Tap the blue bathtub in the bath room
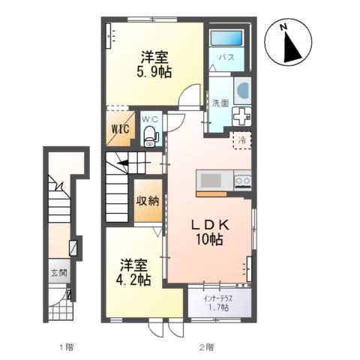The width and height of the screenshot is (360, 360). click(226, 38)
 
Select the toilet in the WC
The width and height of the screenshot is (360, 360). click(150, 136)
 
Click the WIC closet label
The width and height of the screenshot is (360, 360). click(121, 129)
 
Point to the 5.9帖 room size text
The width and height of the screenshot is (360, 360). click(154, 73)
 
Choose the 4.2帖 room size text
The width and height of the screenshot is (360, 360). click(133, 280)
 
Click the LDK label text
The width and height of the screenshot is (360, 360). click(210, 226)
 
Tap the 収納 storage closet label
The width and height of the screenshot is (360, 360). click(148, 201)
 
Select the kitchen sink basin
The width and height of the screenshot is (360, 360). click(211, 181)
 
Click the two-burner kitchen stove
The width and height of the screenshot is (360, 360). click(242, 181)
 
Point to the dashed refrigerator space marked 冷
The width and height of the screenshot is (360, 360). click(242, 140)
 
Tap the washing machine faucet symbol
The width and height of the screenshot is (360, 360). click(241, 116)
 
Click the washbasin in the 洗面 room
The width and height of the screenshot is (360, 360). click(242, 91)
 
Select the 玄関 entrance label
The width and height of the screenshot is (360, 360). click(59, 272)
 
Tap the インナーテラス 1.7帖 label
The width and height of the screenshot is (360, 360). click(217, 303)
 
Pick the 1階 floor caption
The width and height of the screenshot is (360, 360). click(66, 347)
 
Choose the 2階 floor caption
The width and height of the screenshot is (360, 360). click(206, 347)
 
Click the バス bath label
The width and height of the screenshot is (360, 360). click(226, 58)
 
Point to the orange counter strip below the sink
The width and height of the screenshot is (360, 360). click(211, 194)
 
